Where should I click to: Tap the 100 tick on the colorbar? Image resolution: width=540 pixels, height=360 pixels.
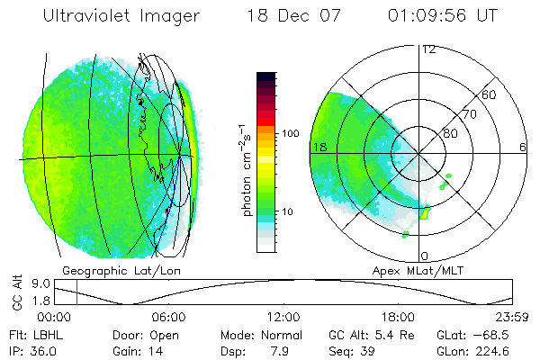[290, 132]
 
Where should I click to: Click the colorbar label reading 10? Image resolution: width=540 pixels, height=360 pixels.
[287, 212]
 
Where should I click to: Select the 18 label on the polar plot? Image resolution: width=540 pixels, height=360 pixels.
[318, 146]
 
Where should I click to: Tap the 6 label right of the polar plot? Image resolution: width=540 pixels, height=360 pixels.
[523, 146]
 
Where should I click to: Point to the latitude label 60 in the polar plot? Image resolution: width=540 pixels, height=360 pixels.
[490, 94]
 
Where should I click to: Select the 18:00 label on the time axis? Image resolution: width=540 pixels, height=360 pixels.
[398, 317]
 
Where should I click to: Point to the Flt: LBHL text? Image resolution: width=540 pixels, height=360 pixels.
[36, 333]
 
